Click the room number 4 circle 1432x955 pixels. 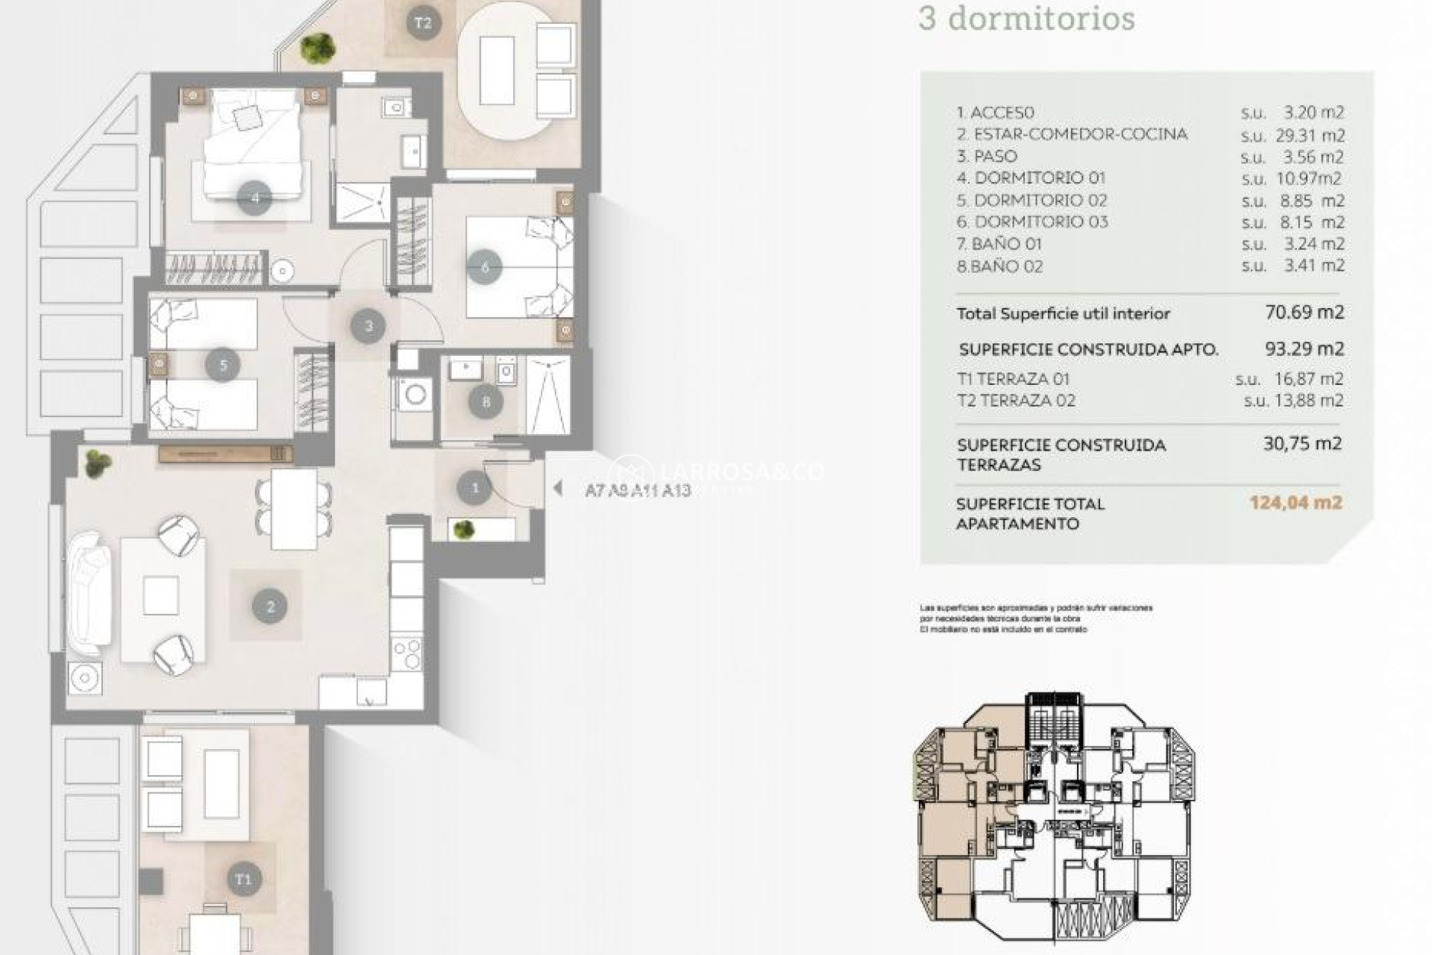click(x=254, y=198)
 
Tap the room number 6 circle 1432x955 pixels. click(x=486, y=267)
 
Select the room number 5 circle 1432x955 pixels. click(x=223, y=366)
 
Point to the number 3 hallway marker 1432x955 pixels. click(x=368, y=326)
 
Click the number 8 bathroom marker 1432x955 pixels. click(x=486, y=403)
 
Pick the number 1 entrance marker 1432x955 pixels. click(x=475, y=489)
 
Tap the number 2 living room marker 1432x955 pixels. click(x=270, y=607)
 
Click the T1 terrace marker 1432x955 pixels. click(x=244, y=879)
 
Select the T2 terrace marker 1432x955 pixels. click(x=423, y=23)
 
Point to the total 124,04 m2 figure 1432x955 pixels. click(x=1296, y=502)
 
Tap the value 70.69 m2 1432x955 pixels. click(x=1304, y=312)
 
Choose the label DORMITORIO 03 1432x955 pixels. click(x=1040, y=222)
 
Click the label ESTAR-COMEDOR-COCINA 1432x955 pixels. click(x=1072, y=134)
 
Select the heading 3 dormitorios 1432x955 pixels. click(x=1026, y=19)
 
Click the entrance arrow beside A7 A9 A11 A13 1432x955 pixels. click(x=557, y=488)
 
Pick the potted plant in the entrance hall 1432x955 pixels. click(x=464, y=530)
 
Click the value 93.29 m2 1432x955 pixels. click(x=1304, y=348)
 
